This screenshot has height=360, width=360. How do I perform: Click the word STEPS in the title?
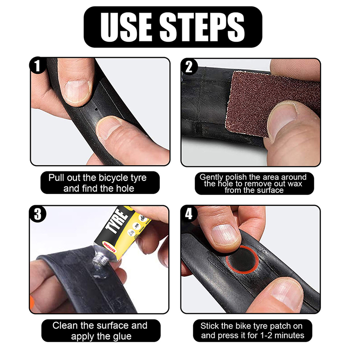point(202,27)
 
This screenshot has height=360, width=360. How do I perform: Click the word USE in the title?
point(126,27)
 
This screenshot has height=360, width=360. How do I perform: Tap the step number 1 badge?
point(37,66)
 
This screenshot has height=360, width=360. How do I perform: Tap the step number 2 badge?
point(189,67)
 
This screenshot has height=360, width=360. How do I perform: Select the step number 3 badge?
point(38,214)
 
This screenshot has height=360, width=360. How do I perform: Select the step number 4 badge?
point(189,214)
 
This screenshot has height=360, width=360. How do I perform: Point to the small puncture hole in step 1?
point(96,109)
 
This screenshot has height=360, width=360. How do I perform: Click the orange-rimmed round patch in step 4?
point(242,259)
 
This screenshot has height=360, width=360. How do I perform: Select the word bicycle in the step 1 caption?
point(114,178)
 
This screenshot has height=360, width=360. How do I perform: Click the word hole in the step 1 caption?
point(125,189)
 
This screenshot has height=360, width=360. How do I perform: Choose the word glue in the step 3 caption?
point(122,336)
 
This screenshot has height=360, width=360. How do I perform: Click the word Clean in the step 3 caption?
point(65,325)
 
